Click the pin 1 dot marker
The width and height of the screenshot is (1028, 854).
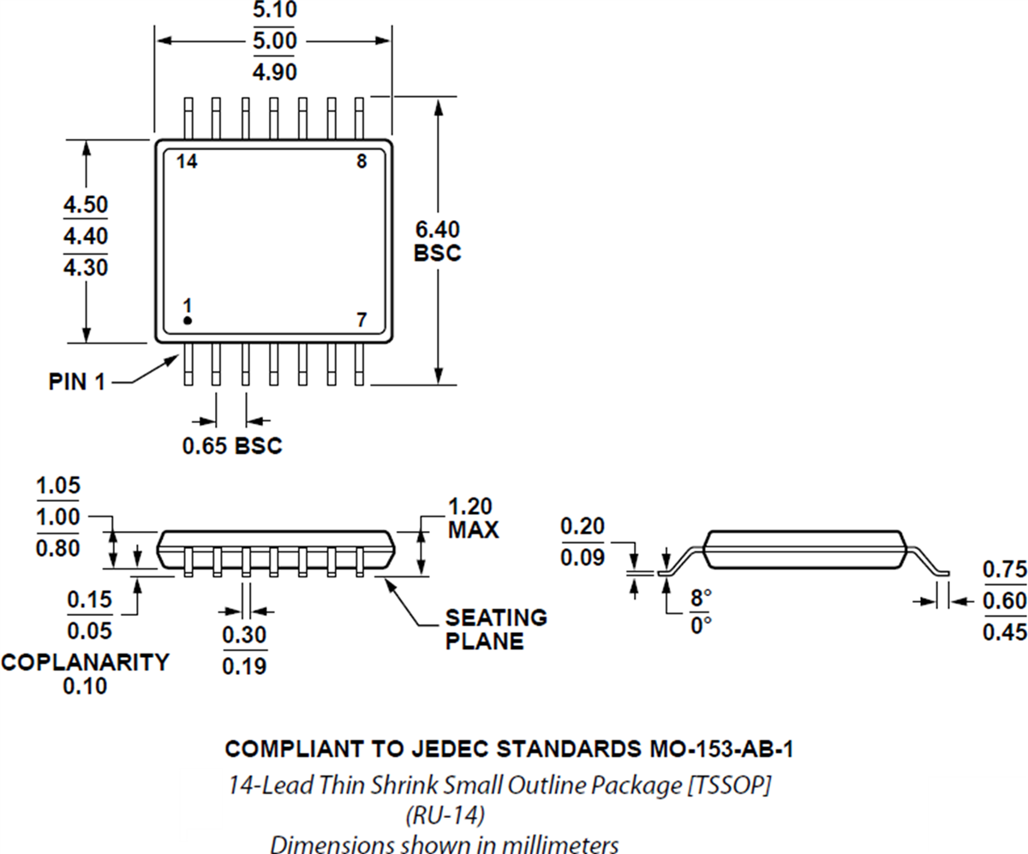188,320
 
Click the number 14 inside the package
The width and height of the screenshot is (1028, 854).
187,162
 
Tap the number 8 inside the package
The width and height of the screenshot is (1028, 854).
362,162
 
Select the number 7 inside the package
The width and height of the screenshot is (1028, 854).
362,320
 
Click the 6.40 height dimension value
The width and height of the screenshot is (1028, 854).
437,230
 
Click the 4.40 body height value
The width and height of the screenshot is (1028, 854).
86,236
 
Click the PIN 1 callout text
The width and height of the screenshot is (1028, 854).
76,382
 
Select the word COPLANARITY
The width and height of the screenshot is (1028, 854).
85,662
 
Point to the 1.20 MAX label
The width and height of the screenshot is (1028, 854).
473,517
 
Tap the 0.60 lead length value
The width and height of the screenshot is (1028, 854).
1003,600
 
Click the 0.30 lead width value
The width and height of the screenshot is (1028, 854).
244,636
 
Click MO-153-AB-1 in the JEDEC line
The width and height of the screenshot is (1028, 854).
716,749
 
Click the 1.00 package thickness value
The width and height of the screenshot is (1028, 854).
58,517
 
